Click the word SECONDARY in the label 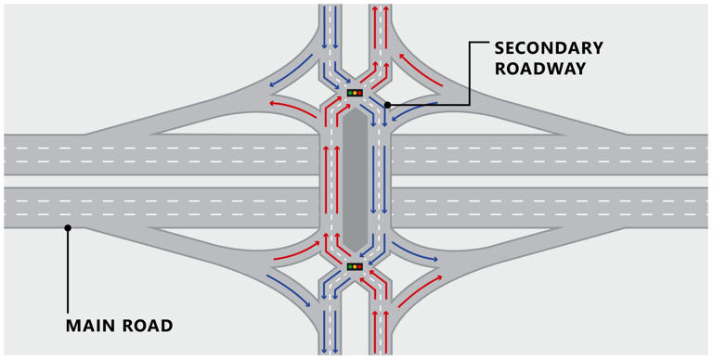[x=548, y=48]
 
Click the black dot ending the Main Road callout [x=68, y=227]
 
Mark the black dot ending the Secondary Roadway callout [x=386, y=105]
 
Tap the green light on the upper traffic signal [x=349, y=93]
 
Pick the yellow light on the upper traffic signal [x=355, y=93]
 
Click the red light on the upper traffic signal [x=360, y=93]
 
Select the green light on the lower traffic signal [x=349, y=267]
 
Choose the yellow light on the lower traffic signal [x=355, y=267]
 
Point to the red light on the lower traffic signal [x=360, y=267]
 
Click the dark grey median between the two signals [x=355, y=180]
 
